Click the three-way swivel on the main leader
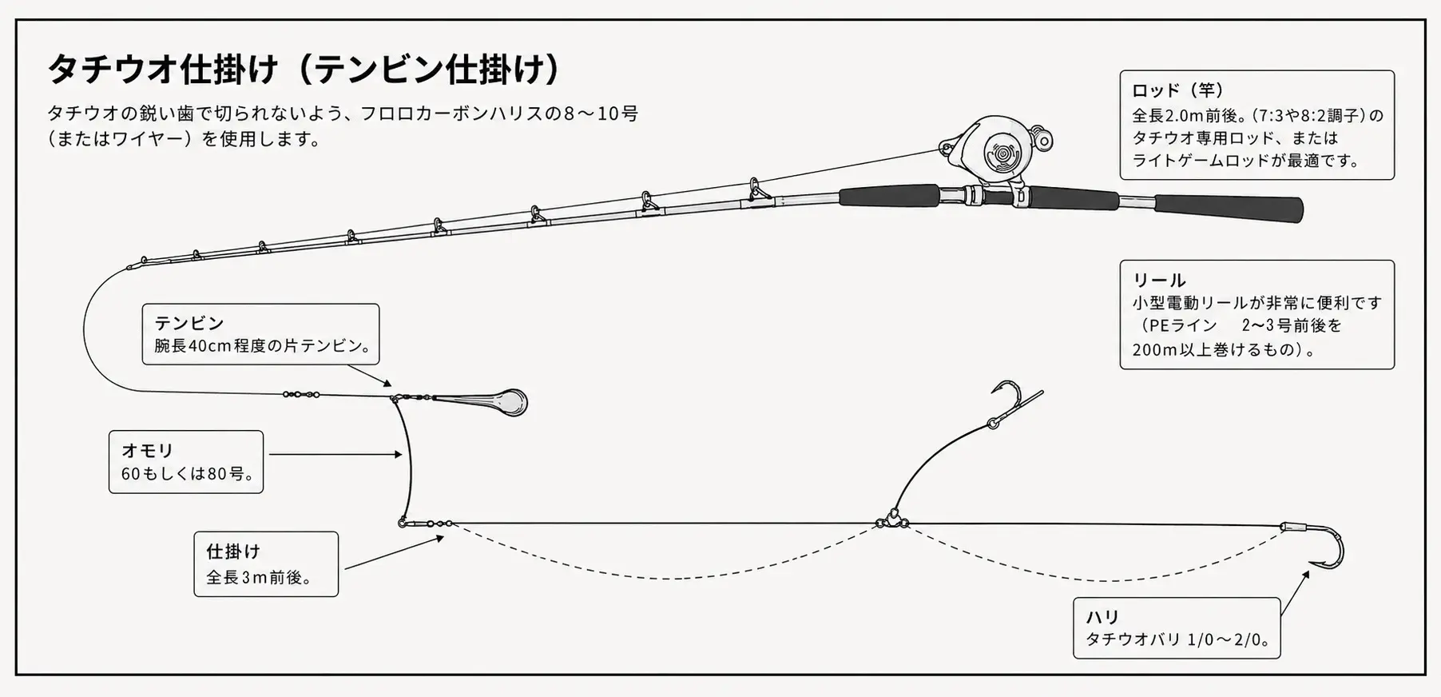point(891,520)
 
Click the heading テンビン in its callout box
point(189,323)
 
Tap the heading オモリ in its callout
point(148,450)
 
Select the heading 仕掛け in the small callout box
point(233,551)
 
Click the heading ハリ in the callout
point(1102,616)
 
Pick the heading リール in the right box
point(1159,280)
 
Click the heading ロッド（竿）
point(1179,90)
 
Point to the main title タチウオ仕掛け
point(163,70)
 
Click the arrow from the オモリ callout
point(335,454)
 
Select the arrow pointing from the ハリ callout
point(1295,593)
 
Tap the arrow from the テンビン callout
point(370,376)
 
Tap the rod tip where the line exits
point(130,267)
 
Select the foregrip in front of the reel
point(889,195)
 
